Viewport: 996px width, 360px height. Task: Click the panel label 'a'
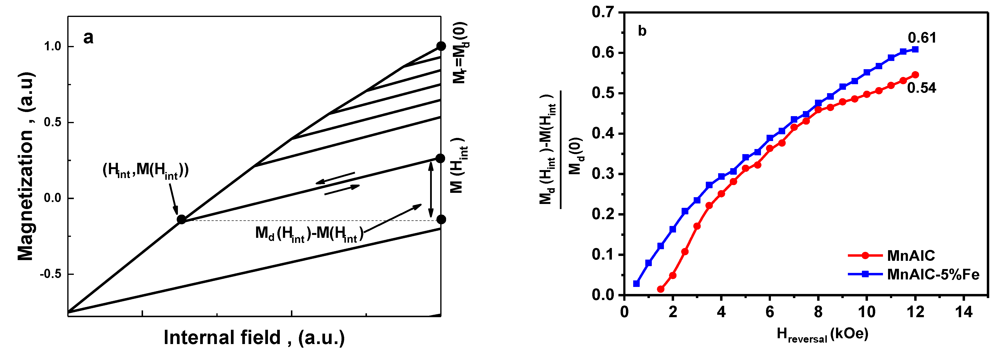pyautogui.click(x=88, y=38)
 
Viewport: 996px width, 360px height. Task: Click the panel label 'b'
pyautogui.click(x=642, y=31)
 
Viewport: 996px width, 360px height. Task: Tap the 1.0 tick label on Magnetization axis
pyautogui.click(x=53, y=46)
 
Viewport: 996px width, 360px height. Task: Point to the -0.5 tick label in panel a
pyautogui.click(x=51, y=274)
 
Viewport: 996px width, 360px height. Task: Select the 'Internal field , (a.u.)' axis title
pyautogui.click(x=254, y=337)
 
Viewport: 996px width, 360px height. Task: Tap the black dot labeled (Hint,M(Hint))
pyautogui.click(x=181, y=219)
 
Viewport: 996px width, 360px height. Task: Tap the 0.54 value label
pyautogui.click(x=922, y=88)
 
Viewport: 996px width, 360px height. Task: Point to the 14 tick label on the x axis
pyautogui.click(x=964, y=312)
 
